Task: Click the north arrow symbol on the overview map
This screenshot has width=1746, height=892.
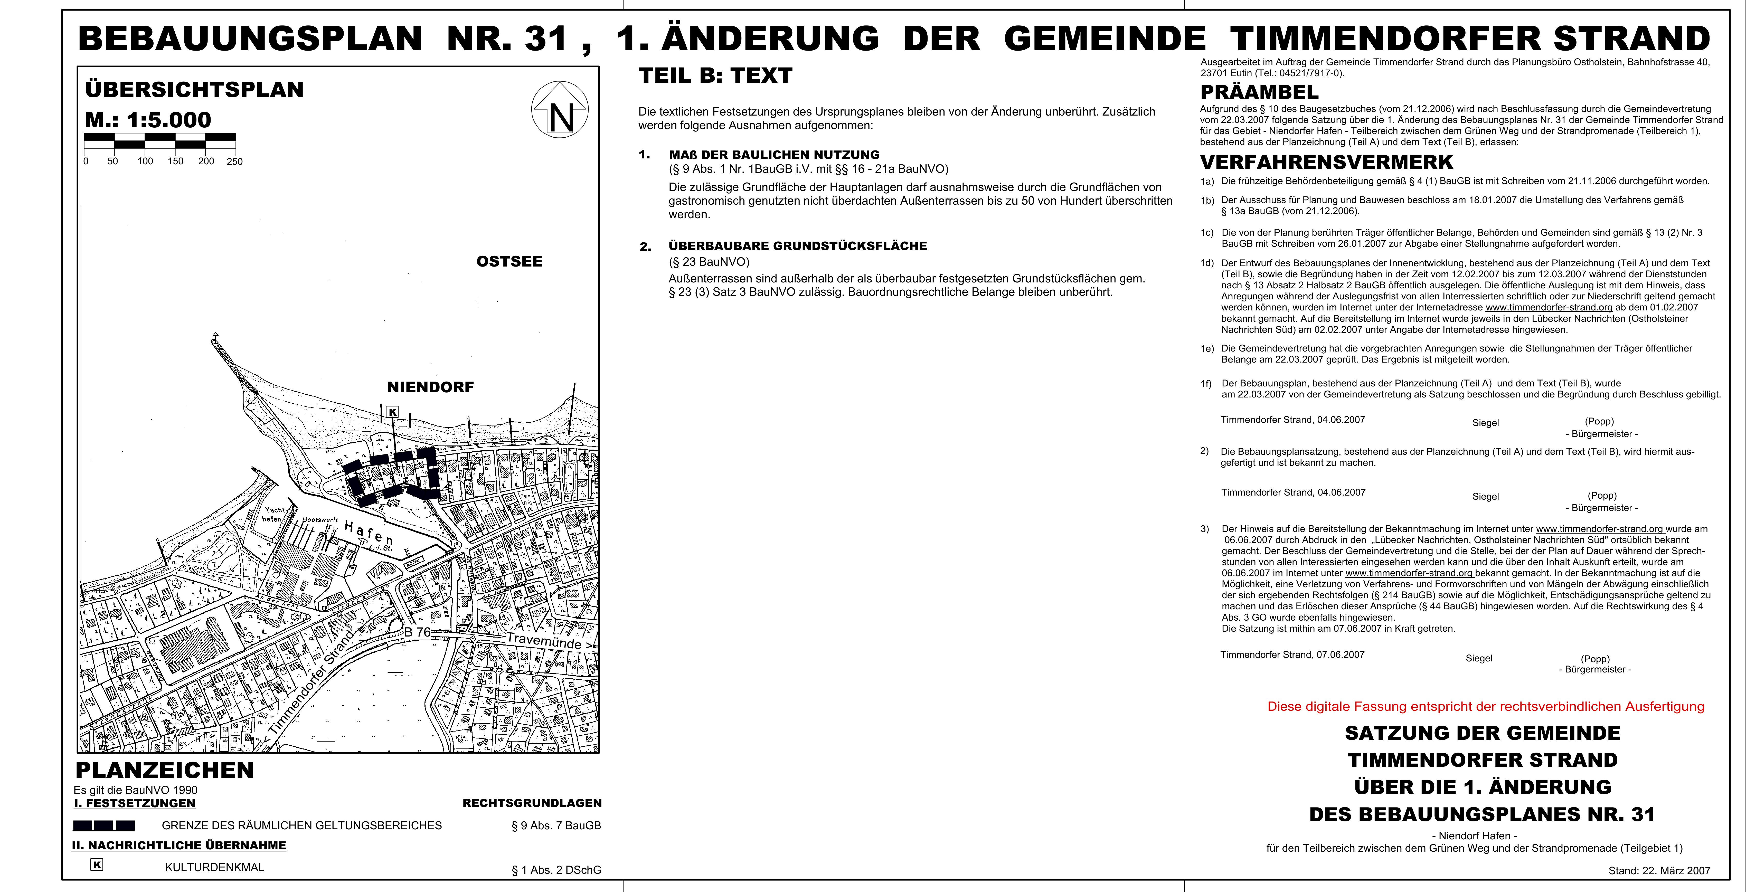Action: tap(560, 110)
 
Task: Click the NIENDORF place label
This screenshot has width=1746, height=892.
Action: tap(430, 387)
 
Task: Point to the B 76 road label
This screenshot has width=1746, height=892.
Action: tap(418, 632)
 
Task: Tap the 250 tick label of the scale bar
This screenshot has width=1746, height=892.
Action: tap(234, 161)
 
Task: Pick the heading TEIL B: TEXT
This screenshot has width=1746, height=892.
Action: tap(715, 75)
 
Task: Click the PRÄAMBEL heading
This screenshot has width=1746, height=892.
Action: tap(1259, 92)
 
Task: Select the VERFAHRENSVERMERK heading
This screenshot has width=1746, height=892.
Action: tap(1326, 163)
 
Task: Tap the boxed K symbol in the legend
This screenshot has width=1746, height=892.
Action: tap(97, 865)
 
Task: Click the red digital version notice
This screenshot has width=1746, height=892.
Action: tap(1486, 706)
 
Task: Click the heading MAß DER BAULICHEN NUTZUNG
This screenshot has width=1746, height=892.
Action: tap(774, 155)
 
